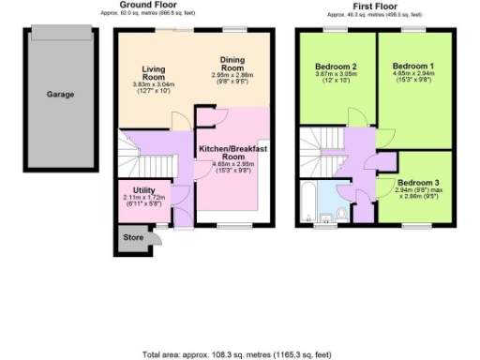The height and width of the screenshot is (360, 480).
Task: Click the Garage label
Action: click(60, 94)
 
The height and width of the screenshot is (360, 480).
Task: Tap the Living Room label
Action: click(155, 74)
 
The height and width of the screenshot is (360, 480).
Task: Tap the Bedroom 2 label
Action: click(336, 67)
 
